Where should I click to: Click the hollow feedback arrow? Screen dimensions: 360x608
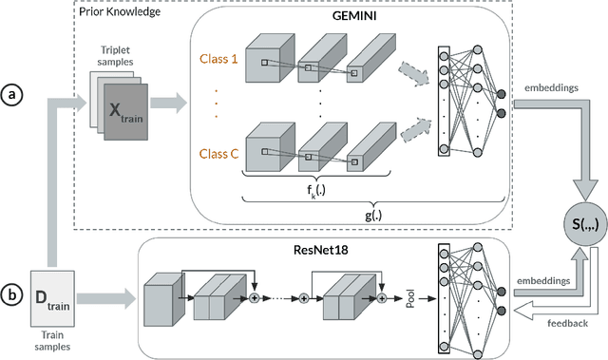click(557, 305)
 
